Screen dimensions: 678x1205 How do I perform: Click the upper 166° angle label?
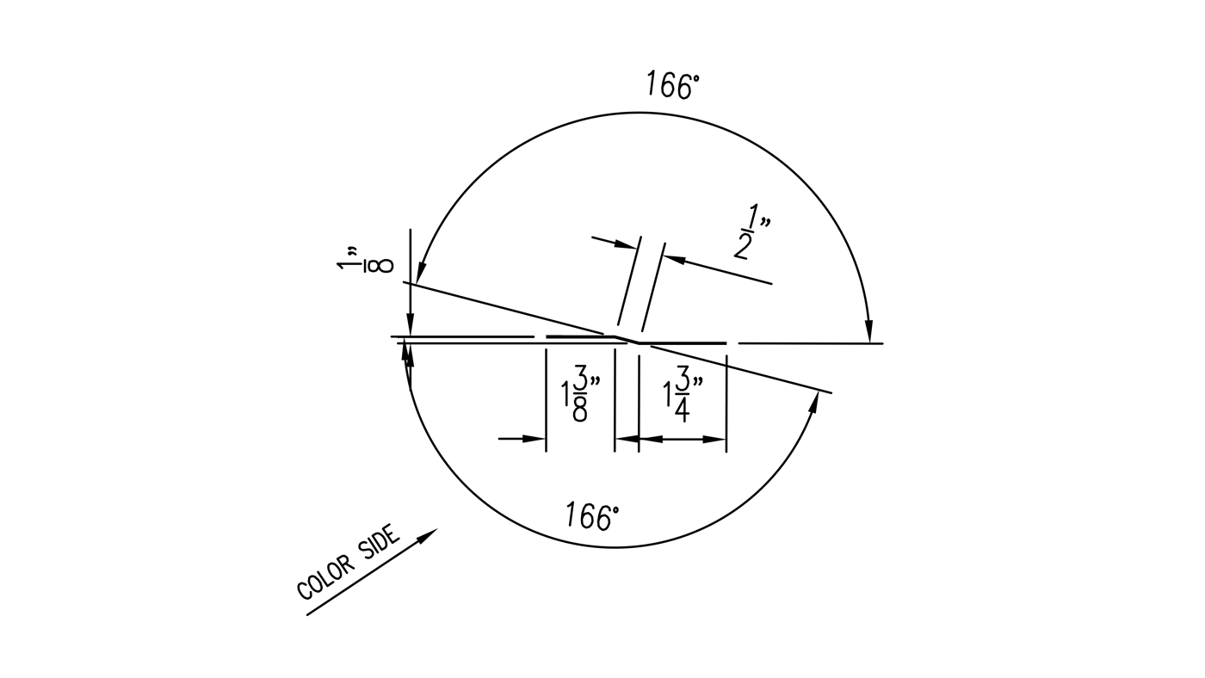click(672, 85)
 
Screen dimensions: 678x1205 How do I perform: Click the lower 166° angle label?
click(592, 515)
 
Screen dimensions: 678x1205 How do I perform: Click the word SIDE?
click(380, 544)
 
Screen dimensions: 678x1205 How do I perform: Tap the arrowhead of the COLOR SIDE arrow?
click(428, 535)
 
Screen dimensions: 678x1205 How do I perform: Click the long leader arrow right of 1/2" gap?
click(719, 269)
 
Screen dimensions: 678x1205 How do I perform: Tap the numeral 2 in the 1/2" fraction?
click(742, 245)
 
